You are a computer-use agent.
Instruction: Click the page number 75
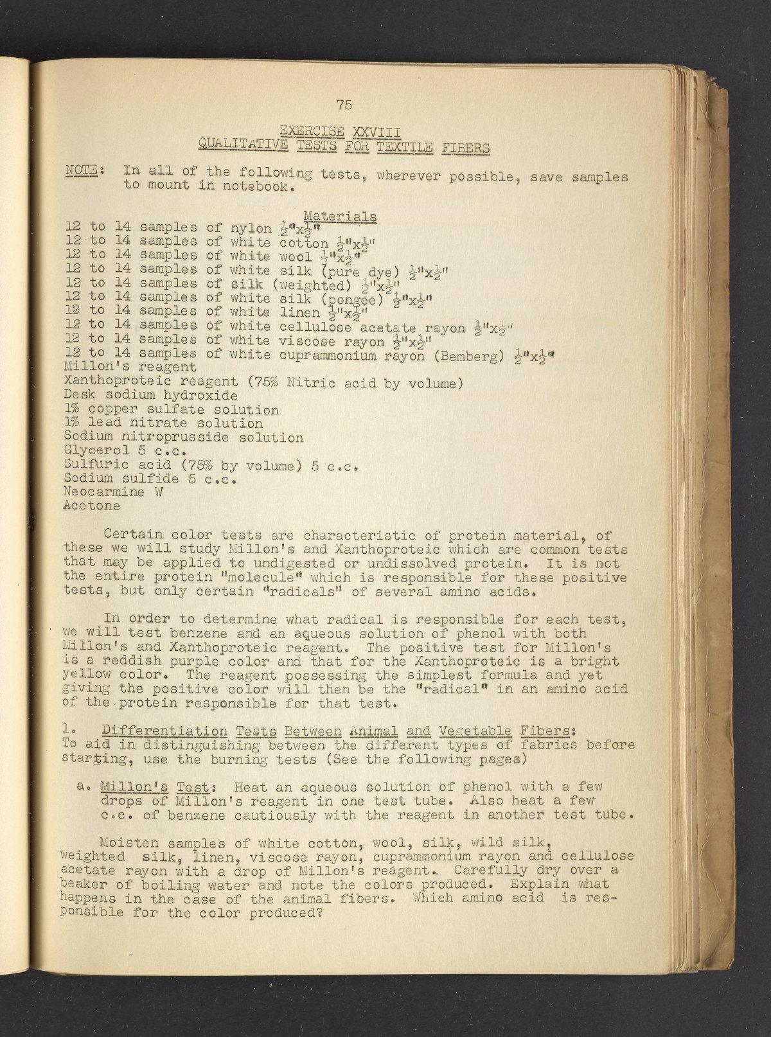pos(344,105)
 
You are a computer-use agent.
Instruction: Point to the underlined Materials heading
pos(340,217)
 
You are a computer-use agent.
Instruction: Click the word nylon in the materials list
pos(251,228)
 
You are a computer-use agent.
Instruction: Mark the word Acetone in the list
pos(92,506)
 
